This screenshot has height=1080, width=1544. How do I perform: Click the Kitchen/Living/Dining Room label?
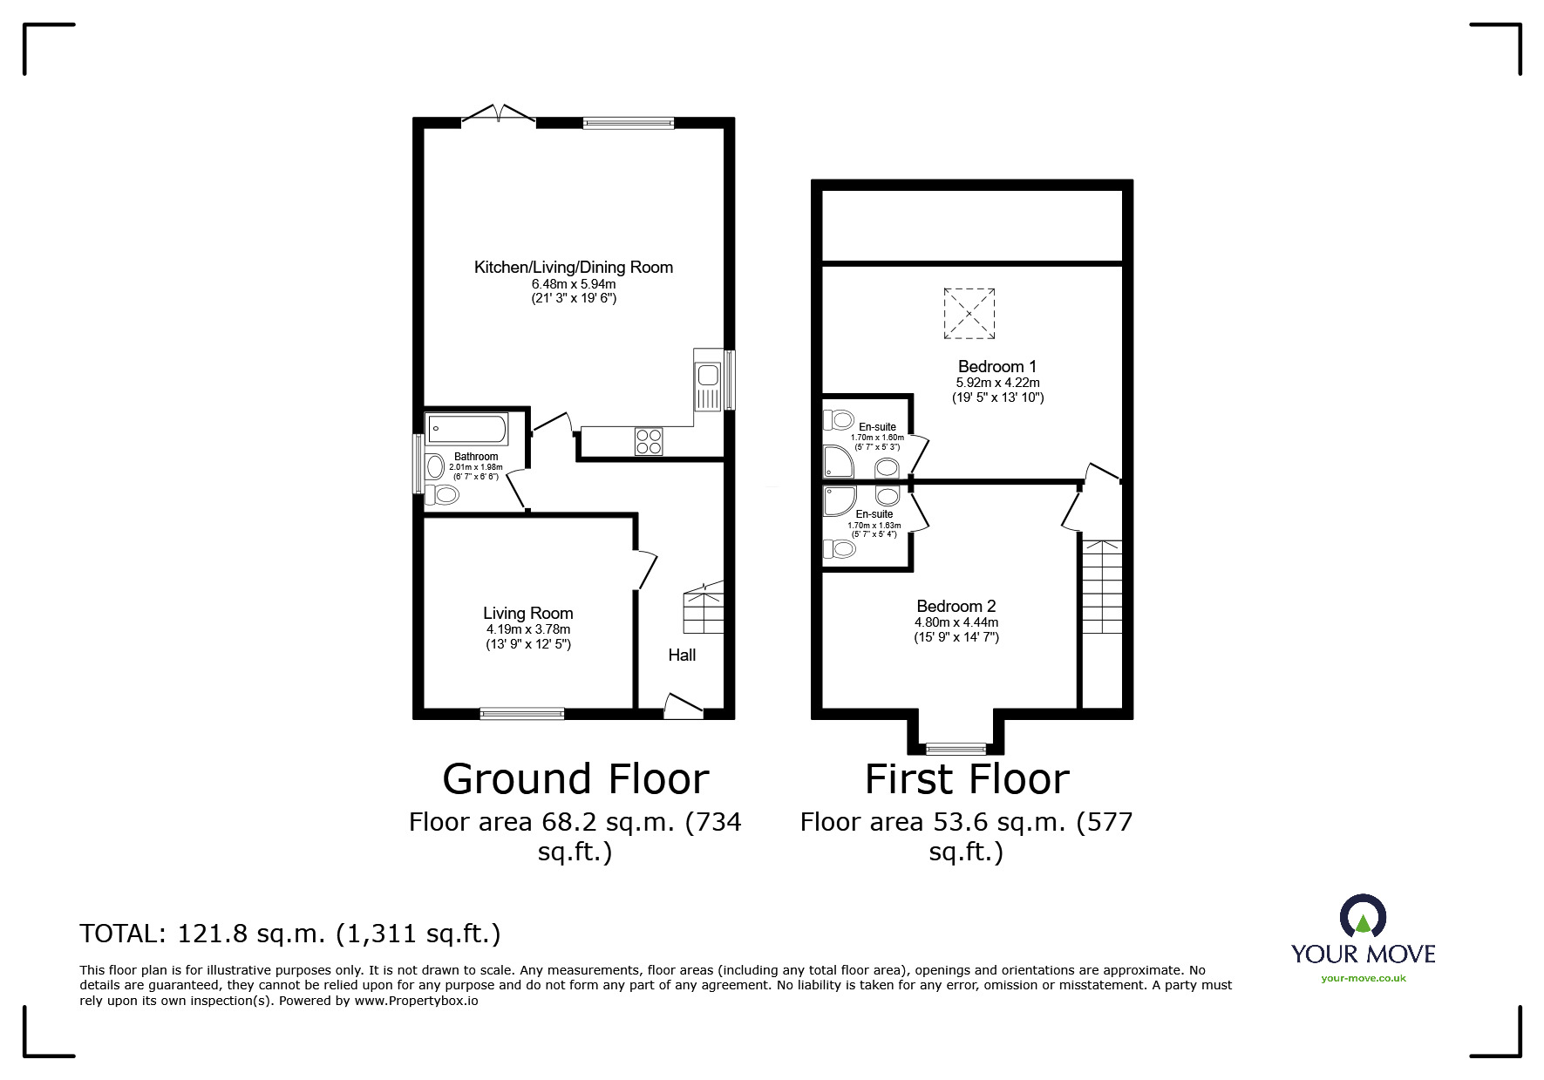coord(573,268)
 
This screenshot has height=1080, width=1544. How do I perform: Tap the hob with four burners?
coord(649,441)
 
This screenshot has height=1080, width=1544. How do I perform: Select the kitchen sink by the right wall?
coord(708,380)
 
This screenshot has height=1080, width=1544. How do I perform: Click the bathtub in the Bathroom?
coord(467,430)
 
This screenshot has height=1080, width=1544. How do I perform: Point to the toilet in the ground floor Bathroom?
coord(444,495)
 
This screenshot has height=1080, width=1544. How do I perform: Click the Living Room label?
coord(528,614)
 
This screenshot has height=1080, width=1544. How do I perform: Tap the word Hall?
coord(682,655)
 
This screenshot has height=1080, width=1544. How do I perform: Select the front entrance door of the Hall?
coord(683,706)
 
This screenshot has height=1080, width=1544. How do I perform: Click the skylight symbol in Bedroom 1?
coord(969,313)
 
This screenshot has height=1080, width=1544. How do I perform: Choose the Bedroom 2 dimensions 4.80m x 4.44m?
coord(956,622)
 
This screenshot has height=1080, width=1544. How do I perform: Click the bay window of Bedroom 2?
coord(956,748)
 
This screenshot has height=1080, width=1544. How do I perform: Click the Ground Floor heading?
coord(575,778)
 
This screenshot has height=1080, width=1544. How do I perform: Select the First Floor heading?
coord(967,778)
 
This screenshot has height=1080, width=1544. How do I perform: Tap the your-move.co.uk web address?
coord(1364,978)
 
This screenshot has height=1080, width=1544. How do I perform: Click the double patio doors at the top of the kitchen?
coord(498,116)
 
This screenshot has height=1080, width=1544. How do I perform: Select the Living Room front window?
coord(522,713)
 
